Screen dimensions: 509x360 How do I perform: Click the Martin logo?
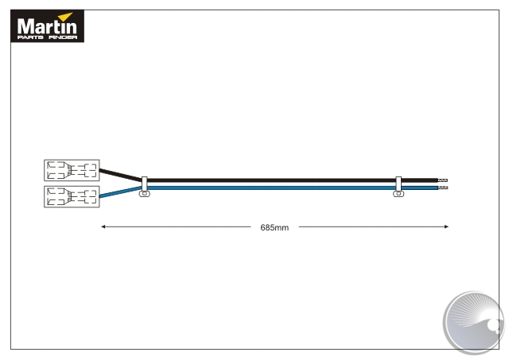tap(48, 26)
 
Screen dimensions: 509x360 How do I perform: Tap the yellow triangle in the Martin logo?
tap(66, 17)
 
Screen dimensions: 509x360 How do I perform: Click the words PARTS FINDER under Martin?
tap(48, 37)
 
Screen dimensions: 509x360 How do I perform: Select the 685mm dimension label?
tap(274, 227)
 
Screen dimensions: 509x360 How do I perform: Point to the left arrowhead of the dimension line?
tap(103, 226)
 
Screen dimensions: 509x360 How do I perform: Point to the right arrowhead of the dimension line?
tap(446, 226)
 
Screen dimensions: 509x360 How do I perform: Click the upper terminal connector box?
tap(72, 170)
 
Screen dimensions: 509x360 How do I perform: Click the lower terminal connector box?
tap(72, 196)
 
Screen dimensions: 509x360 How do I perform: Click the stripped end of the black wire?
tap(443, 180)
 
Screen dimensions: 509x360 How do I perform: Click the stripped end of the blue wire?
tap(443, 188)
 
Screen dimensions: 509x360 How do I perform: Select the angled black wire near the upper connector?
tap(120, 175)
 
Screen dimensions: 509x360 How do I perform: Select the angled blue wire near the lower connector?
tap(120, 192)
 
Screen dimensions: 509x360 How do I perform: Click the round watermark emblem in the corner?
tap(474, 322)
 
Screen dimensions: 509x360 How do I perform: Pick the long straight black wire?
tap(292, 180)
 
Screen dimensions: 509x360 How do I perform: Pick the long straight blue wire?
tap(292, 188)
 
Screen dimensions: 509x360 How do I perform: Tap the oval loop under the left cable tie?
tap(145, 194)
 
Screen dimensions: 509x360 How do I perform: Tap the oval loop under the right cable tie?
tap(398, 194)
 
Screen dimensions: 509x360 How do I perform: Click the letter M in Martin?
tap(25, 26)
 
